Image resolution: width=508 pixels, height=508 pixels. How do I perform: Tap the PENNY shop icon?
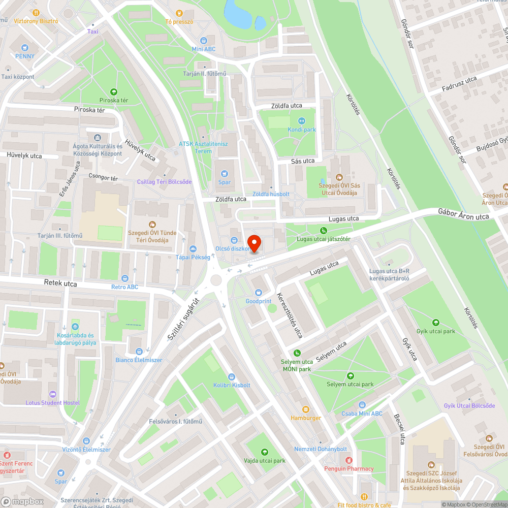click(25, 47)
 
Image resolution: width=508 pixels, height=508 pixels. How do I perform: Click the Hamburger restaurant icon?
click(305, 409)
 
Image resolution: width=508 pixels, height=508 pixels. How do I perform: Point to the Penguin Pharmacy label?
click(349, 469)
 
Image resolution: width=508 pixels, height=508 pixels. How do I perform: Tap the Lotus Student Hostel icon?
click(53, 394)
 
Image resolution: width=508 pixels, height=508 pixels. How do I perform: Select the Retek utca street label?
click(60, 283)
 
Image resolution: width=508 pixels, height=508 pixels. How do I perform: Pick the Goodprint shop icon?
click(259, 293)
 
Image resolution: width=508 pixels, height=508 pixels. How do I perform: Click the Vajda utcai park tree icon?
click(264, 452)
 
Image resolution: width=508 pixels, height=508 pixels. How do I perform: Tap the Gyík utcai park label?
click(435, 331)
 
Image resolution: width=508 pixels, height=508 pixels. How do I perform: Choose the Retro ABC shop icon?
click(125, 278)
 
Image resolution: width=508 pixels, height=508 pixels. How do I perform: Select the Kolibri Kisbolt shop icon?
click(232, 376)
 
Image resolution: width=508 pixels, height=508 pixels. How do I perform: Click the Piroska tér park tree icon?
click(114, 92)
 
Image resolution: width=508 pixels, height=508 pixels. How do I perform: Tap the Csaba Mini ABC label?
click(362, 414)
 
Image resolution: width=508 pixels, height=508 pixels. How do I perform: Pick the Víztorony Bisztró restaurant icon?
click(35, 13)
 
